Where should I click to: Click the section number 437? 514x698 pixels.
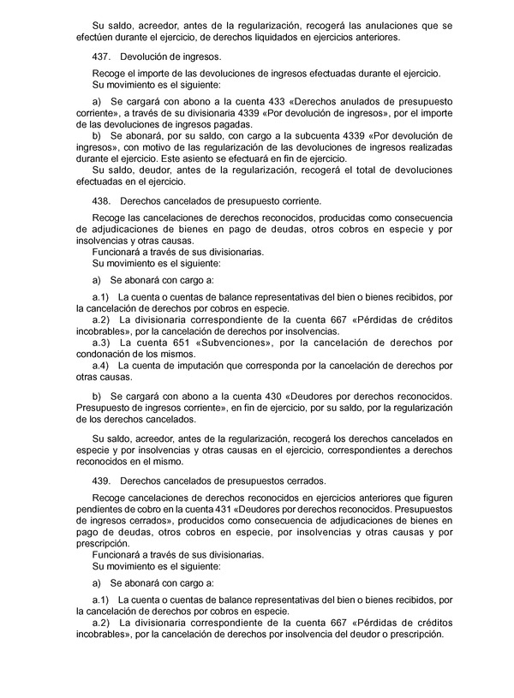100,56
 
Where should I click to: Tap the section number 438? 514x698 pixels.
100,201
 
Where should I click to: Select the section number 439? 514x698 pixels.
100,480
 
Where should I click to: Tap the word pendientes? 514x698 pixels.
100,510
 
